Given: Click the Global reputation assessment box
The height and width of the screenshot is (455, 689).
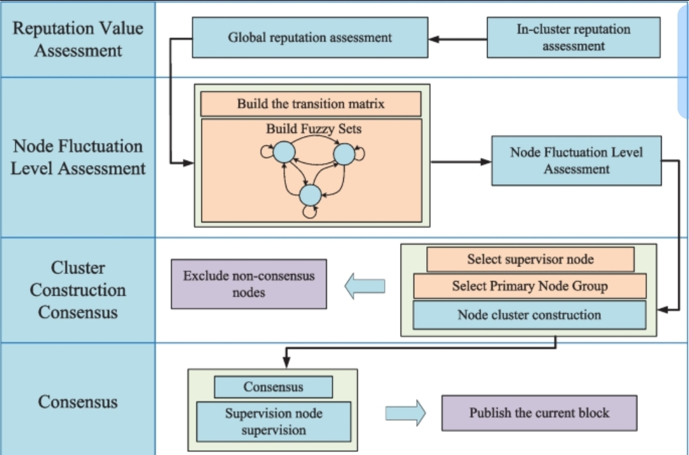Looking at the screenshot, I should tap(310, 38).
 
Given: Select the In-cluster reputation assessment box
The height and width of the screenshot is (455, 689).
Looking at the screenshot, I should tap(573, 38).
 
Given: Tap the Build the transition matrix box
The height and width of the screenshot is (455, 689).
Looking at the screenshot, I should tap(311, 103).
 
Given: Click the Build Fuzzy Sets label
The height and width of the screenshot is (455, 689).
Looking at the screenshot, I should tap(314, 129).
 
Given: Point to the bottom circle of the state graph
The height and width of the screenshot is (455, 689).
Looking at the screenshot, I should tap(310, 194).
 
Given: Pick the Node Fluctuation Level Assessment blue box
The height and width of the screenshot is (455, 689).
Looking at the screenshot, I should tap(576, 161).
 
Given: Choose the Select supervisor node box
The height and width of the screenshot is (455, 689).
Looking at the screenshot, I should tap(530, 259).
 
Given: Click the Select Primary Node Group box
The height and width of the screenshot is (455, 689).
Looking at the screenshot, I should tap(530, 286).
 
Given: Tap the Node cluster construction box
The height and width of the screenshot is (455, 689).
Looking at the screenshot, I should tap(529, 315).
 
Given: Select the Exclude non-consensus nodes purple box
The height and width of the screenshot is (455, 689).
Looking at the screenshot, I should tap(249, 284).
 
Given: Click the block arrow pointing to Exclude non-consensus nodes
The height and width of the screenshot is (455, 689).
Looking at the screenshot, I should tap(365, 287).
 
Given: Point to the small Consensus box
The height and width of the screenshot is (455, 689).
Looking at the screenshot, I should tap(273, 387).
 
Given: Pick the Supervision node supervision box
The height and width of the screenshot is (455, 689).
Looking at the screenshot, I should tap(273, 422).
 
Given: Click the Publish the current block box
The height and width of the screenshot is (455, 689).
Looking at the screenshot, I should tap(539, 413).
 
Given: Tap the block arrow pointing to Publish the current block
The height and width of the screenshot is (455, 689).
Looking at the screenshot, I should tap(405, 413).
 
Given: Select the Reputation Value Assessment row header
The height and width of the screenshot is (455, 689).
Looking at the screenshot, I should tap(78, 40).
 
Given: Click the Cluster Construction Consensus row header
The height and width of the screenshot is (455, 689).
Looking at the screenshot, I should tap(78, 290).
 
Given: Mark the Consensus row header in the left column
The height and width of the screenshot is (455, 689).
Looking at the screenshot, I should tap(78, 402).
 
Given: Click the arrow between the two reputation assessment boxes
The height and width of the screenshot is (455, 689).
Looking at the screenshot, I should tap(457, 39).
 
